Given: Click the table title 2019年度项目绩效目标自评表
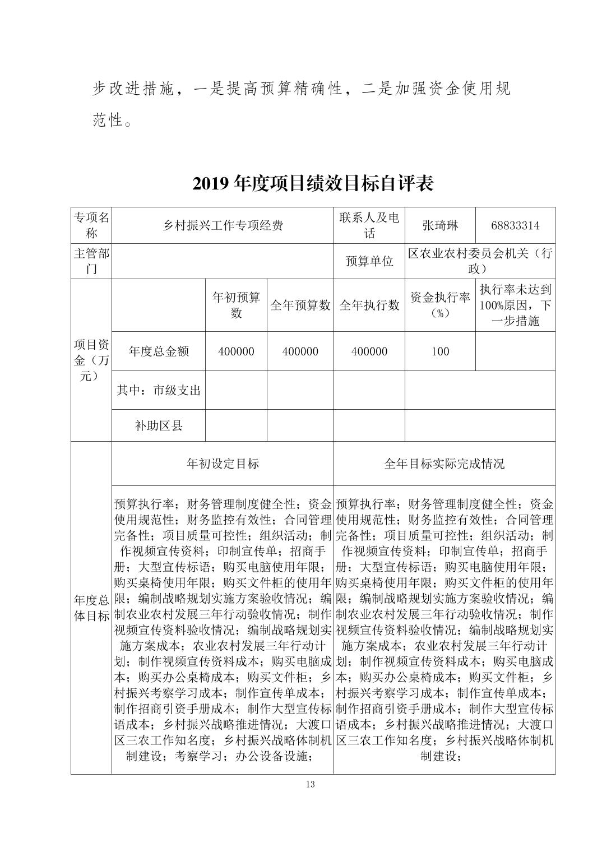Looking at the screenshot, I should click(313, 183).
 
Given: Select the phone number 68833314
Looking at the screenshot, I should click(515, 225).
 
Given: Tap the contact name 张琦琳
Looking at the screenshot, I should click(440, 225).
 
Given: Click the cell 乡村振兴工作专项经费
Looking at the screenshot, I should click(223, 225).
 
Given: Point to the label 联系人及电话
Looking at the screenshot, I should click(369, 225).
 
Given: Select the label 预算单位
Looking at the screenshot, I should click(369, 261).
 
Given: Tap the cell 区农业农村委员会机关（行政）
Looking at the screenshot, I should click(480, 261).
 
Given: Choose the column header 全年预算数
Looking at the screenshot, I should click(300, 305).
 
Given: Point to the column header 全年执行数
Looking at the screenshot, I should click(369, 305).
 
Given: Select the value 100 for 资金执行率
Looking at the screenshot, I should click(440, 351).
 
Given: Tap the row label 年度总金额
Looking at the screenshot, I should click(159, 351).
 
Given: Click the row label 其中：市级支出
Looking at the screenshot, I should click(159, 390).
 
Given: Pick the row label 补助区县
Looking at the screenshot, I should click(159, 425).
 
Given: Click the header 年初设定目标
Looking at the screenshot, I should click(223, 464).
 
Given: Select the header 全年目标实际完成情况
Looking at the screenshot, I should click(444, 464).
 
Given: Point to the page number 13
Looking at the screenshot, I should click(311, 784).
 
